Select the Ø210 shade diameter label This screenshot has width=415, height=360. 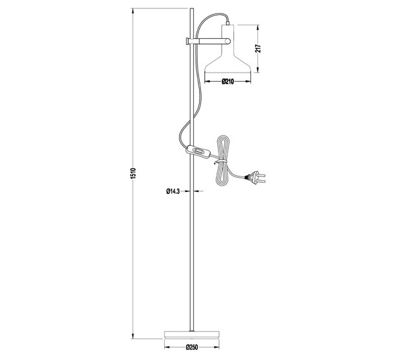[x=227, y=82]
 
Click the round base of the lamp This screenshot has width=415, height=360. [x=191, y=335]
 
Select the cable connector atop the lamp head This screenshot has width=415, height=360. [x=227, y=21]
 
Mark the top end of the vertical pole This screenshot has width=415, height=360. [x=191, y=10]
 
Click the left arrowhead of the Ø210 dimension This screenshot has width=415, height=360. [x=207, y=82]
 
